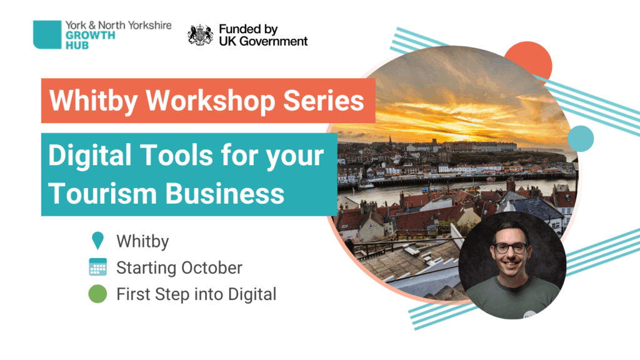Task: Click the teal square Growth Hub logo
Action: pos(47,35)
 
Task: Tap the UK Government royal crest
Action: pos(200,35)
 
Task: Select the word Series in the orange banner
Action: pos(323,101)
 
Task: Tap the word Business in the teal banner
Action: pos(225,193)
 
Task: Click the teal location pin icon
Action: pos(97,240)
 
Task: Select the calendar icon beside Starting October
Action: pos(98,267)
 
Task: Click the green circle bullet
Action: pos(97,294)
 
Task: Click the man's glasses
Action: pos(510,247)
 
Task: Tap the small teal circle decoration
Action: pos(581,139)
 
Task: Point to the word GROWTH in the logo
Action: pos(91,35)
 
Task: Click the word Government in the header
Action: pos(273,41)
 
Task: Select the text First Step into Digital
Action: pos(196,294)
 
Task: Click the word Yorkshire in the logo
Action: pos(149,25)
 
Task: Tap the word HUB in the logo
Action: pos(77,45)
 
